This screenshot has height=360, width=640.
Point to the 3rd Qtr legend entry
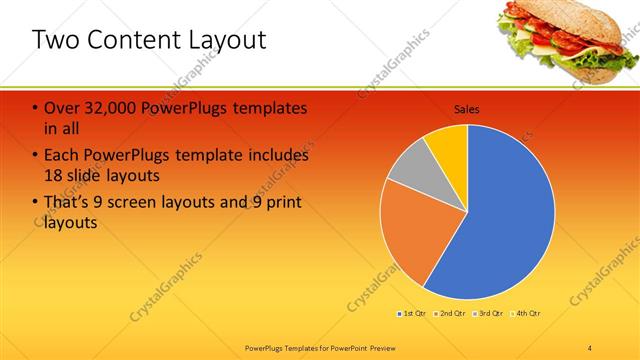pos(491,314)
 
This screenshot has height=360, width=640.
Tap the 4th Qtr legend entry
pos(528,314)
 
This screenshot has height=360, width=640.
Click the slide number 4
pos(590,347)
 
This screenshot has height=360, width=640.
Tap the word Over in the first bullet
pos(63,108)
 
